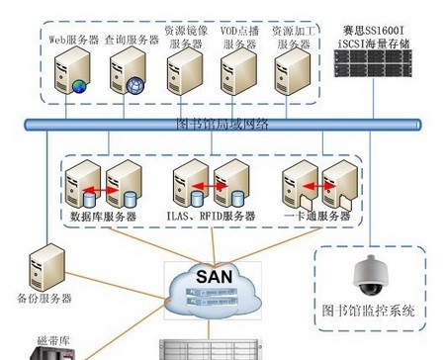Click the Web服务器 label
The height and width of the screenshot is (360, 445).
point(73,40)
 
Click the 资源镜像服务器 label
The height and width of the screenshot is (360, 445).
point(185,39)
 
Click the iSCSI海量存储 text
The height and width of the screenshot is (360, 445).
point(377,41)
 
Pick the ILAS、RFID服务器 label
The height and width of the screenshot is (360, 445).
point(210,216)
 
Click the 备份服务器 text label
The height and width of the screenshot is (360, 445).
point(44,298)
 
